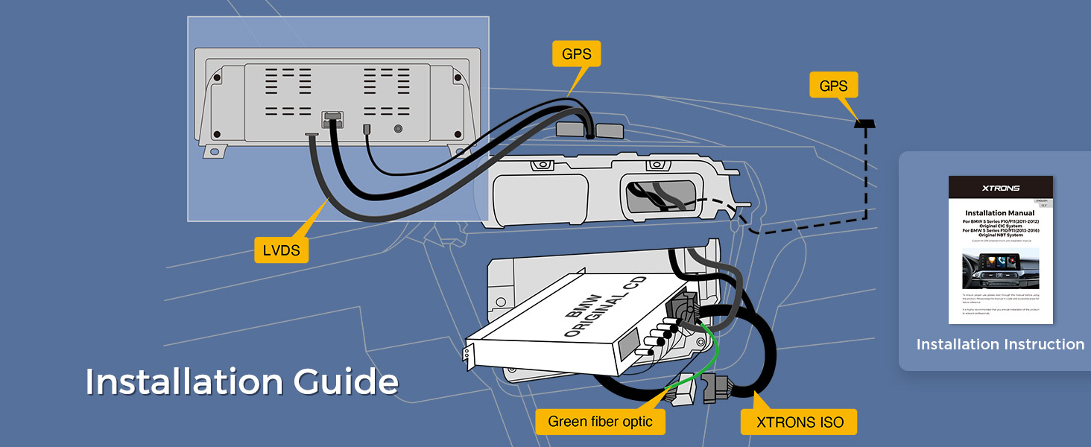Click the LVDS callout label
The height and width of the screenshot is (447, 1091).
pyautogui.click(x=282, y=250)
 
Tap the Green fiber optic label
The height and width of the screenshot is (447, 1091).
pyautogui.click(x=600, y=422)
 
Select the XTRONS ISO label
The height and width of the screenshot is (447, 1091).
pyautogui.click(x=800, y=422)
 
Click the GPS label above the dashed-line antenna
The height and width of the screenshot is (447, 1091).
pyautogui.click(x=833, y=86)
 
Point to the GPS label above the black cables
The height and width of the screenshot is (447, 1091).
pyautogui.click(x=576, y=54)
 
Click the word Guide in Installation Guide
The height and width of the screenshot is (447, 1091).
pyautogui.click(x=347, y=381)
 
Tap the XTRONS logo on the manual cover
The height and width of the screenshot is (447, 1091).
pyautogui.click(x=1000, y=188)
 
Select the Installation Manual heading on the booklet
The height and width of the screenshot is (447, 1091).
pyautogui.click(x=1000, y=213)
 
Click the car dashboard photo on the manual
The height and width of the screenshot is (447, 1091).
pyautogui.click(x=1000, y=268)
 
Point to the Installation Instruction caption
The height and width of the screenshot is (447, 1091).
pyautogui.click(x=1000, y=344)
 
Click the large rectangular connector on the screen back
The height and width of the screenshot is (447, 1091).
pyautogui.click(x=332, y=119)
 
